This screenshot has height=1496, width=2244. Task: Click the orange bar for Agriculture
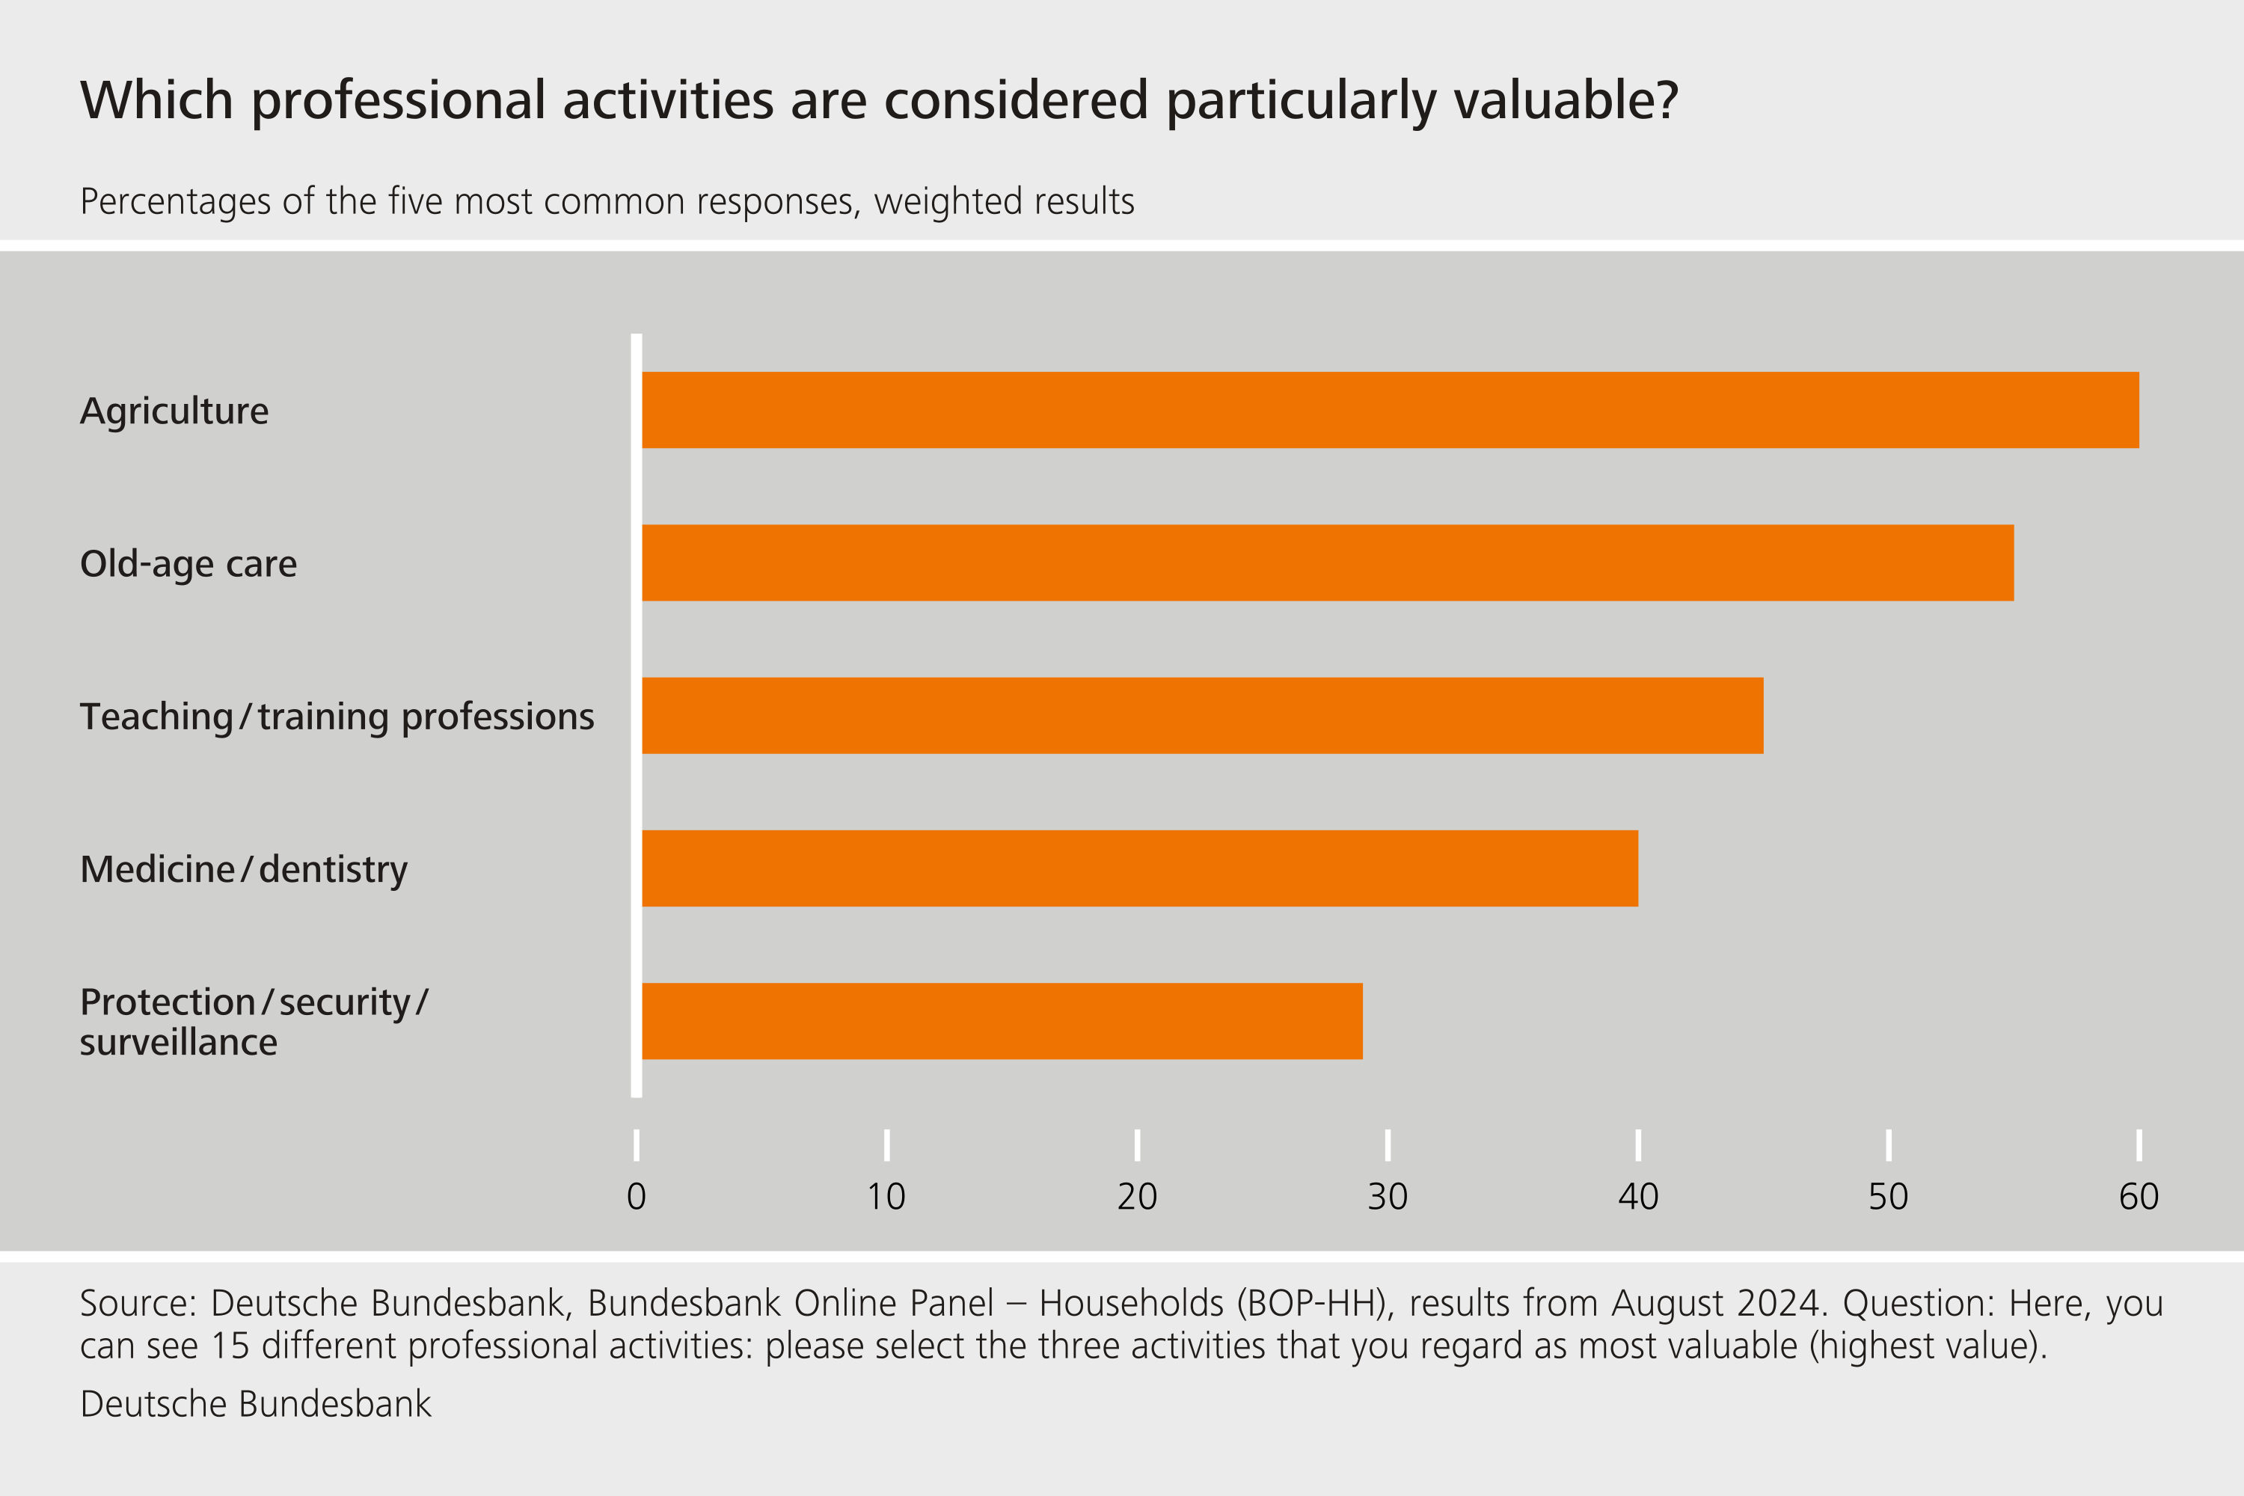tap(1390, 410)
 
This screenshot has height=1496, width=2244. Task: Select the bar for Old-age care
tap(1327, 563)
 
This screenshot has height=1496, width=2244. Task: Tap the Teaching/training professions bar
tap(1202, 716)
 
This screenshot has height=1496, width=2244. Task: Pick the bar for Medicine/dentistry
tap(1139, 868)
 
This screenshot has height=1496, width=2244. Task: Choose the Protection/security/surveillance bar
tap(1002, 1021)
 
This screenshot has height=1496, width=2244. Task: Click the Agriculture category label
tap(174, 411)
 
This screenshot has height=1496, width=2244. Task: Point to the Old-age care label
tap(188, 564)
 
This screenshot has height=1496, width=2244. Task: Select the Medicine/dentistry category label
tap(243, 869)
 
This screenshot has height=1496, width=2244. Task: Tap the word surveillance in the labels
tap(179, 1043)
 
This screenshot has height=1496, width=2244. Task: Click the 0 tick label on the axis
tap(637, 1196)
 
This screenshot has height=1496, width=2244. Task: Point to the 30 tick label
tap(1388, 1196)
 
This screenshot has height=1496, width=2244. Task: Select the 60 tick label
tap(2138, 1196)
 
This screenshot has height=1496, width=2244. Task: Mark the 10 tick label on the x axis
tap(886, 1196)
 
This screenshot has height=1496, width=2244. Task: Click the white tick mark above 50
tap(1888, 1145)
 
